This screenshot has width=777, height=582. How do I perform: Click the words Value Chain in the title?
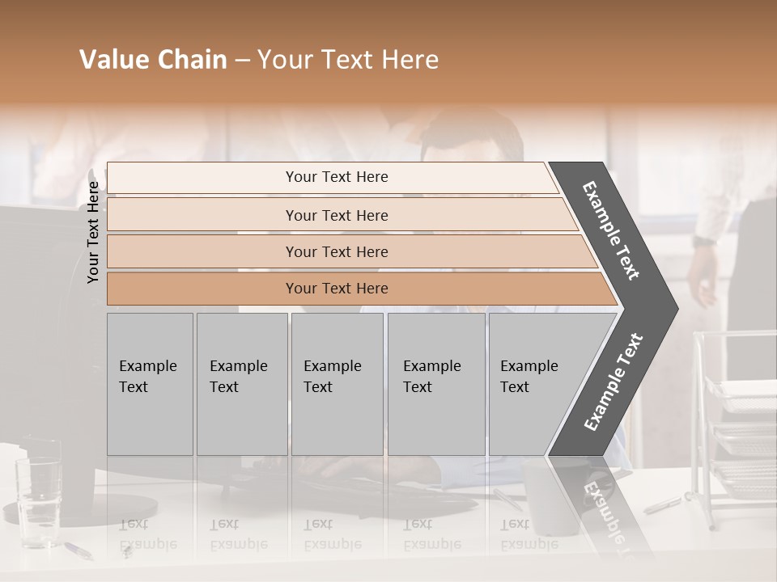[153, 60]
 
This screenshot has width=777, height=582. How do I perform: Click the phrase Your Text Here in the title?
[348, 60]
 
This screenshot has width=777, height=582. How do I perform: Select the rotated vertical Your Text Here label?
[93, 233]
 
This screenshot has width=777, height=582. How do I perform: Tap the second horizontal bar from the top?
[336, 215]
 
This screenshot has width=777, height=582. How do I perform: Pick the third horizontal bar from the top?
[336, 251]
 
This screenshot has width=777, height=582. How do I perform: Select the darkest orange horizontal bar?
[336, 289]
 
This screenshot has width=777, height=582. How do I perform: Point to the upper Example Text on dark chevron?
[611, 230]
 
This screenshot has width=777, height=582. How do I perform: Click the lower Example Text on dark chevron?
[613, 382]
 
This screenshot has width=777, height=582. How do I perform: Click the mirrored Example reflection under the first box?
[148, 543]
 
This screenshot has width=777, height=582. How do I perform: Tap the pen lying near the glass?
[78, 550]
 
